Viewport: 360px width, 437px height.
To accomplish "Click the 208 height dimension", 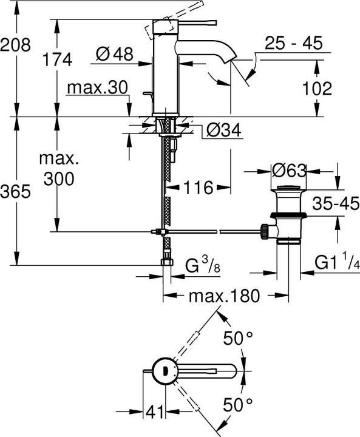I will pyautogui.click(x=15, y=44).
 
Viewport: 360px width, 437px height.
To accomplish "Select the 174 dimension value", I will pyautogui.click(x=58, y=59).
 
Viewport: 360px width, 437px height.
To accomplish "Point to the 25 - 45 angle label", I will pyautogui.click(x=293, y=44).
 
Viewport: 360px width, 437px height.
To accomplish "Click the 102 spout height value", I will pyautogui.click(x=317, y=88).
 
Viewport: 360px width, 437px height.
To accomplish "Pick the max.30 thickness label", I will pyautogui.click(x=97, y=87).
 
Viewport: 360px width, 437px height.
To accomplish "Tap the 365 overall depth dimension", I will pyautogui.click(x=15, y=192).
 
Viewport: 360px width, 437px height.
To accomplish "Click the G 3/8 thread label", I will pyautogui.click(x=202, y=265).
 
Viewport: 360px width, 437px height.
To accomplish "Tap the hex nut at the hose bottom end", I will pyautogui.click(x=165, y=263).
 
